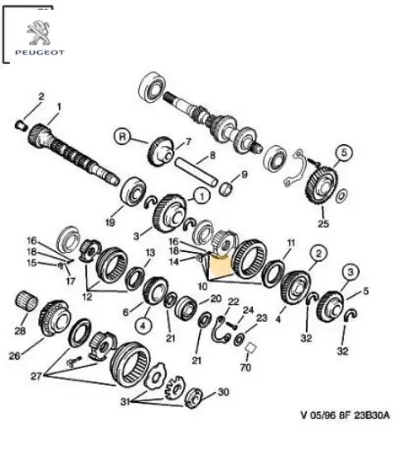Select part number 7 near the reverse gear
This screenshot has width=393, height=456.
tap(187, 142)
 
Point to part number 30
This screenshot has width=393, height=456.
tap(222, 392)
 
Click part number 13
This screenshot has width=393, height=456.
tap(150, 252)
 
